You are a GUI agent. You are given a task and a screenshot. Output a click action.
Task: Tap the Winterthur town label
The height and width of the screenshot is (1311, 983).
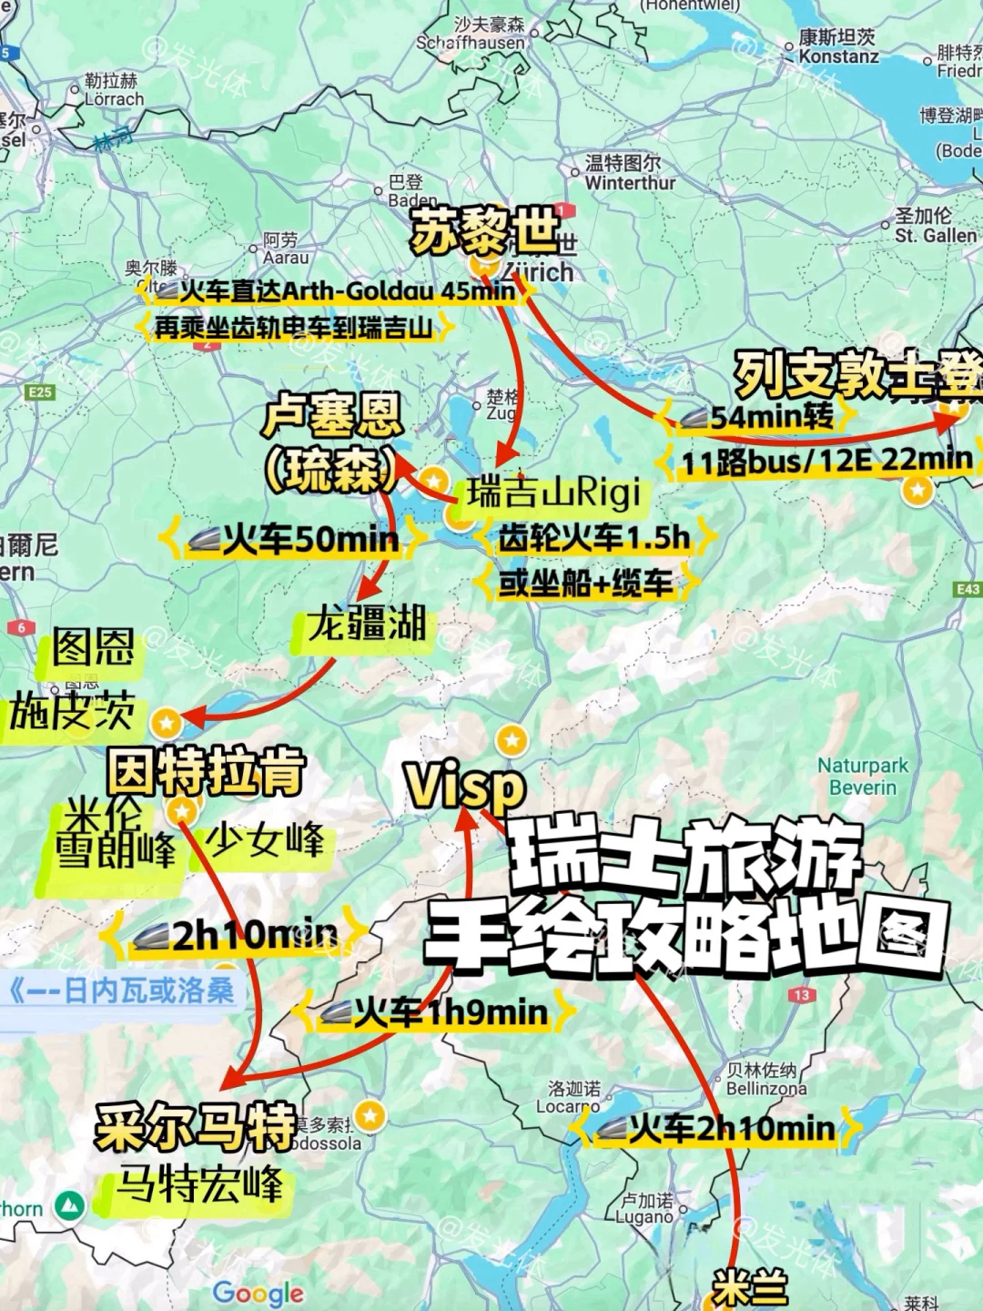(x=630, y=173)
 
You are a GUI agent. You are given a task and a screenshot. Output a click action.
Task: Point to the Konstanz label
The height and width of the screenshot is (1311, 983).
(x=838, y=46)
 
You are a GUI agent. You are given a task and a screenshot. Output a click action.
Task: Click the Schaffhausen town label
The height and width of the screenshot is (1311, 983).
(x=471, y=34)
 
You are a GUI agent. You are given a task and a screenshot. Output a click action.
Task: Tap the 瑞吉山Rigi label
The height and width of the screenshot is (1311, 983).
(x=553, y=493)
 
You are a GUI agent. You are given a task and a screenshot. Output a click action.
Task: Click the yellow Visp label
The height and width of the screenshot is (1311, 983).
(x=465, y=785)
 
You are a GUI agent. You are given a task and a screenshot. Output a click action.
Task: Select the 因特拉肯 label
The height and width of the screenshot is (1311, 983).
(x=207, y=770)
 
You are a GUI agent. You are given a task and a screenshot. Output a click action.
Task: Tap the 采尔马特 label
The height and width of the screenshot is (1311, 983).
(x=196, y=1127)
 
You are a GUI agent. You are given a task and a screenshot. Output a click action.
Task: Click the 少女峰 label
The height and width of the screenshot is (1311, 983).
(x=265, y=839)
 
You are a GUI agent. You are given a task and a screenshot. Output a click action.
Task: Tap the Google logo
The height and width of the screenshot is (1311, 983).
(x=258, y=1292)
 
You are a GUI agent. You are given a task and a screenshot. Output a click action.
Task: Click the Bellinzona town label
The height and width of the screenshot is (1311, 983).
(x=765, y=1079)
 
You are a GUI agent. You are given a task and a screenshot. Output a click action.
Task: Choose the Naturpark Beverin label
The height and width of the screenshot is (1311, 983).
(x=862, y=776)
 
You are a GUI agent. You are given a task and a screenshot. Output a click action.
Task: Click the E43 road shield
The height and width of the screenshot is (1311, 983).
(x=968, y=590)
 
